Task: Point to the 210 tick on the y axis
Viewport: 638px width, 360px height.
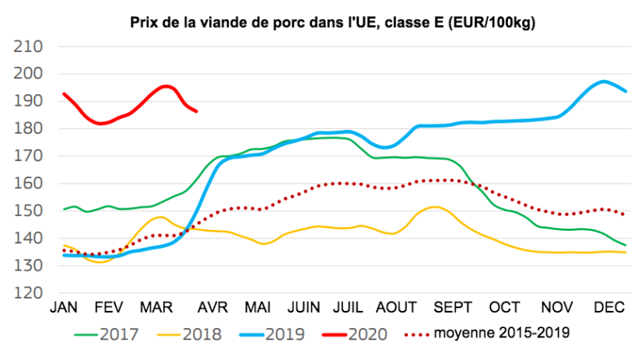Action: click(x=28, y=47)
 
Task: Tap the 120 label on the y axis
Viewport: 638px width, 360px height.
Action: click(x=28, y=293)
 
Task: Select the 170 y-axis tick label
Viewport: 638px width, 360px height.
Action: click(x=28, y=156)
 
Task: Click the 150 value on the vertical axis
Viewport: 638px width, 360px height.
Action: click(x=28, y=211)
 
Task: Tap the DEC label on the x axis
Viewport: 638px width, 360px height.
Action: click(x=610, y=309)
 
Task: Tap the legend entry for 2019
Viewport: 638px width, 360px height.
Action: click(x=284, y=334)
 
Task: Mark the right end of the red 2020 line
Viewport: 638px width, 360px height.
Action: click(x=197, y=111)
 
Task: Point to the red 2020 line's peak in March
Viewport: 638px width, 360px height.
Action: click(x=165, y=86)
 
